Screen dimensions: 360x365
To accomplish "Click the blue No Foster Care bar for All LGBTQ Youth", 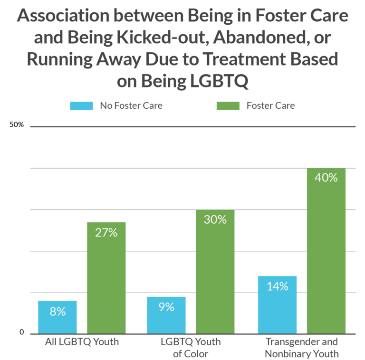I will point(58,323).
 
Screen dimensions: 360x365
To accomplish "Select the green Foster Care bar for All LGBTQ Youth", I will point(106,285).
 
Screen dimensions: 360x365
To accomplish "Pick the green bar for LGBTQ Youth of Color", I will point(215,280).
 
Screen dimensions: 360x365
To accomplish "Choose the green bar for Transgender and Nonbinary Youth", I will point(326,261).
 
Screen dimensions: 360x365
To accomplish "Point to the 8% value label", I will point(58,312).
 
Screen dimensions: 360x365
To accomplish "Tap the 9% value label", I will point(166,307).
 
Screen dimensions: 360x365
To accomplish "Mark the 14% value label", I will point(277,286).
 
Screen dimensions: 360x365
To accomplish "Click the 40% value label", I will point(326,178).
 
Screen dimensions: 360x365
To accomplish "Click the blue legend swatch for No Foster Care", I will point(82,106).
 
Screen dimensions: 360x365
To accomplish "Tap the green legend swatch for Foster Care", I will point(228,106).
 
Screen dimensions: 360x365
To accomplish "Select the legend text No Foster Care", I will point(131,106).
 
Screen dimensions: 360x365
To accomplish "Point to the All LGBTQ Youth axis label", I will point(82,341).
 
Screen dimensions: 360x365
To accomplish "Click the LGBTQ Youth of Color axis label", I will point(191,348).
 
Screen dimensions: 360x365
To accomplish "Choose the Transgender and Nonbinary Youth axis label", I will point(301,348).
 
